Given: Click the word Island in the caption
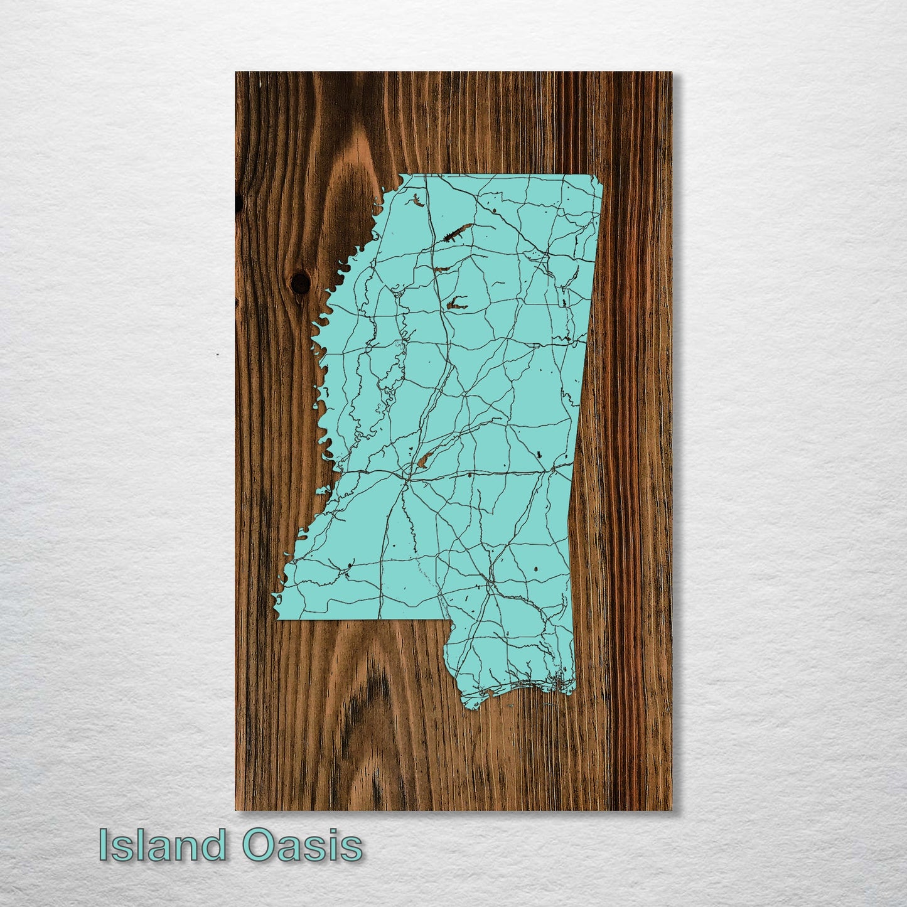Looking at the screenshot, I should click(x=162, y=845).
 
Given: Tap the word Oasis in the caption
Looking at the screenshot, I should click(x=303, y=845).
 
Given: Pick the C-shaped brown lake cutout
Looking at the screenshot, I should click(x=457, y=303).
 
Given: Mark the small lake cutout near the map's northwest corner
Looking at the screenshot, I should click(x=417, y=201).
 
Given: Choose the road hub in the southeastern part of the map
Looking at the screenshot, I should click(x=489, y=584).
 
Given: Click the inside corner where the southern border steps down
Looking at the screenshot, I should click(x=449, y=621).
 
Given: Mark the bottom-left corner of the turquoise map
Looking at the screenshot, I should click(x=278, y=620).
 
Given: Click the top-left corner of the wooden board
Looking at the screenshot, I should click(x=236, y=73).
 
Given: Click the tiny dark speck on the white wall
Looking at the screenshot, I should click(x=217, y=355).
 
